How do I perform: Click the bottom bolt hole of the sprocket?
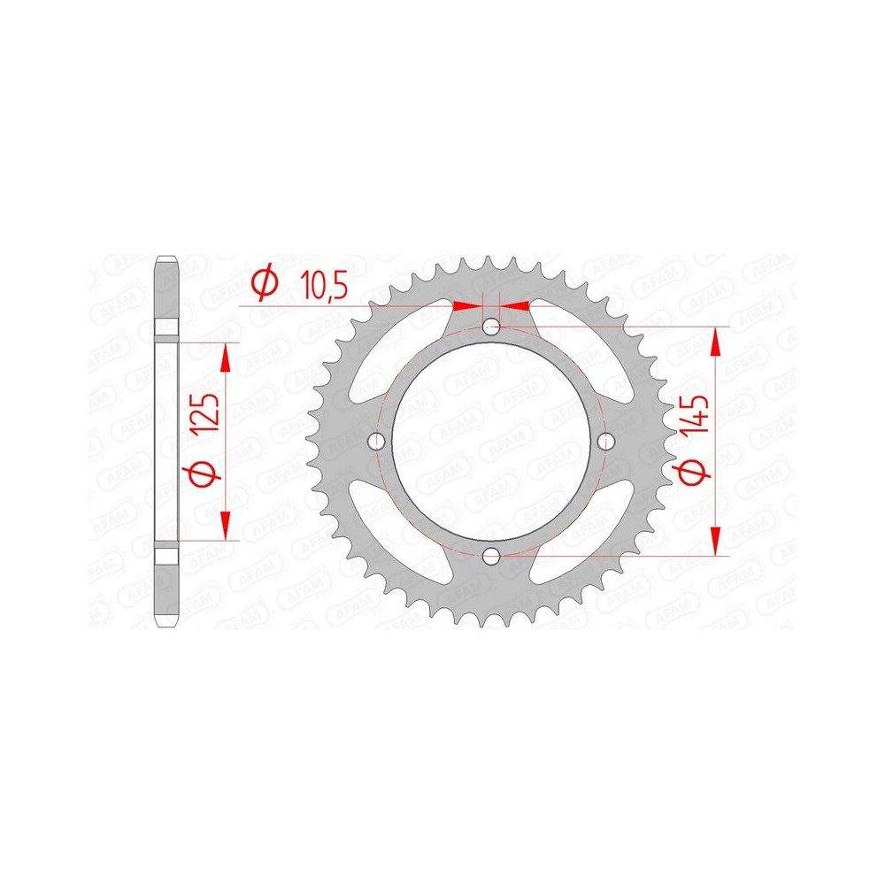click(491, 557)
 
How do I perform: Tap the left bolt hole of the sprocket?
click(376, 441)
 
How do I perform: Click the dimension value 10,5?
click(323, 284)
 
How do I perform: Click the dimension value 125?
click(204, 412)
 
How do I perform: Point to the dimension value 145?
click(694, 414)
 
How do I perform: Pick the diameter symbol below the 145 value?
click(693, 472)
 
